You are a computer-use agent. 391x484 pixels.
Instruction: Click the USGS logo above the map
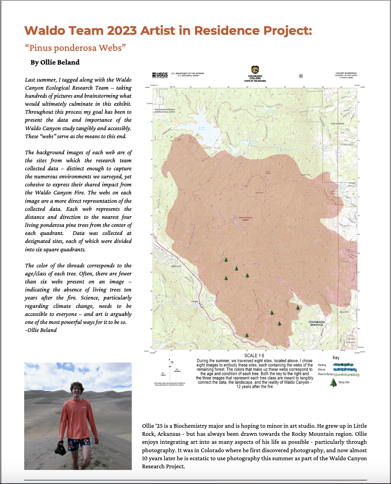(160, 75)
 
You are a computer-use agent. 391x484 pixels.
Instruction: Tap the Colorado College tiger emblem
(255, 70)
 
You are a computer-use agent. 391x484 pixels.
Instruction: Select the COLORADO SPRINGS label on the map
(317, 323)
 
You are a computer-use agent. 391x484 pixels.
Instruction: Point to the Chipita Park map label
(176, 266)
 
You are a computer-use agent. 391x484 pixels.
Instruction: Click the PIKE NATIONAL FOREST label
(245, 219)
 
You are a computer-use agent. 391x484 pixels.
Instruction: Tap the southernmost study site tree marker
(247, 335)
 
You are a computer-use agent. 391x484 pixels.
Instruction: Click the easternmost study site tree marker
(298, 308)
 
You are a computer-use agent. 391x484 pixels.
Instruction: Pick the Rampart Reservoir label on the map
(202, 128)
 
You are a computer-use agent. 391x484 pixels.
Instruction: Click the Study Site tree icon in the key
(333, 383)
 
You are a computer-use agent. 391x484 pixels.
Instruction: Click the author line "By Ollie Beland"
(55, 63)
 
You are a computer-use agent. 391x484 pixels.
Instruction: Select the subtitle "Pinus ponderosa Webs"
(75, 48)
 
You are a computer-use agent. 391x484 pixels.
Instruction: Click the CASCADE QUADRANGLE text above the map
(346, 73)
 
